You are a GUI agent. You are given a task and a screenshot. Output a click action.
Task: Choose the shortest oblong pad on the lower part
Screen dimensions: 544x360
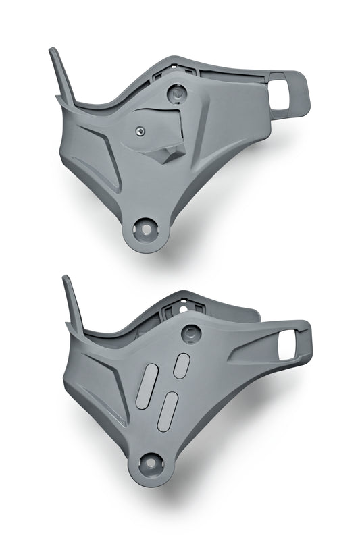pos(182,365)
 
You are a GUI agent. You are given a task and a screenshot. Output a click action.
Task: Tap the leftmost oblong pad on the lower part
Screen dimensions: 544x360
pos(147,386)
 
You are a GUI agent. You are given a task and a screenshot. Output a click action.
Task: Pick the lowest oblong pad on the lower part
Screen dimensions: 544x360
pos(168,411)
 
